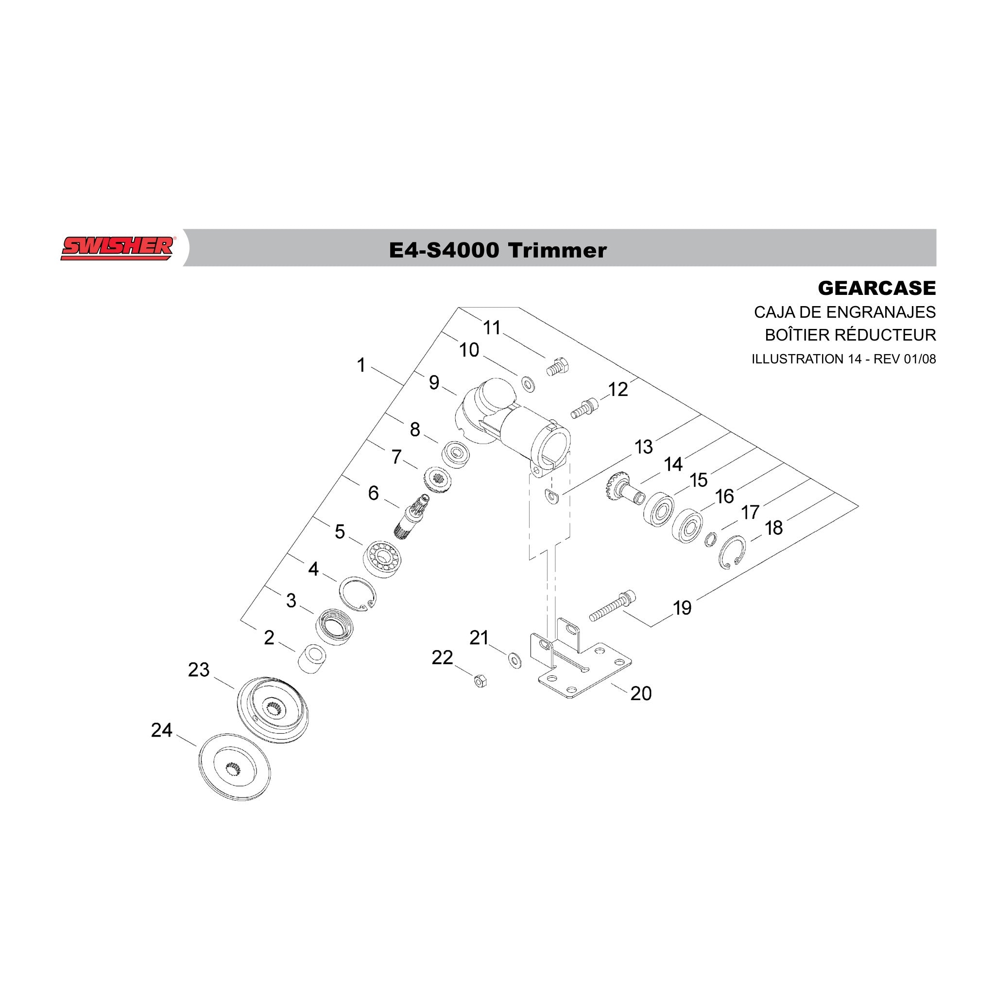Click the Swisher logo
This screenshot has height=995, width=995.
(x=118, y=248)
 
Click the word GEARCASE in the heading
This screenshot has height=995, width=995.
(x=876, y=288)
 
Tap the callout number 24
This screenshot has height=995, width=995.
(x=161, y=730)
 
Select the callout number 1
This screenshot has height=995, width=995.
(x=361, y=365)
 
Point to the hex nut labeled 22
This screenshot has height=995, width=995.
(x=480, y=681)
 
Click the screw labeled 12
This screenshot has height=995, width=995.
(x=584, y=410)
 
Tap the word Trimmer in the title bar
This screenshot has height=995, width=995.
(x=557, y=250)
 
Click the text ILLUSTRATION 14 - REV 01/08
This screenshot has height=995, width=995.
(x=843, y=359)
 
